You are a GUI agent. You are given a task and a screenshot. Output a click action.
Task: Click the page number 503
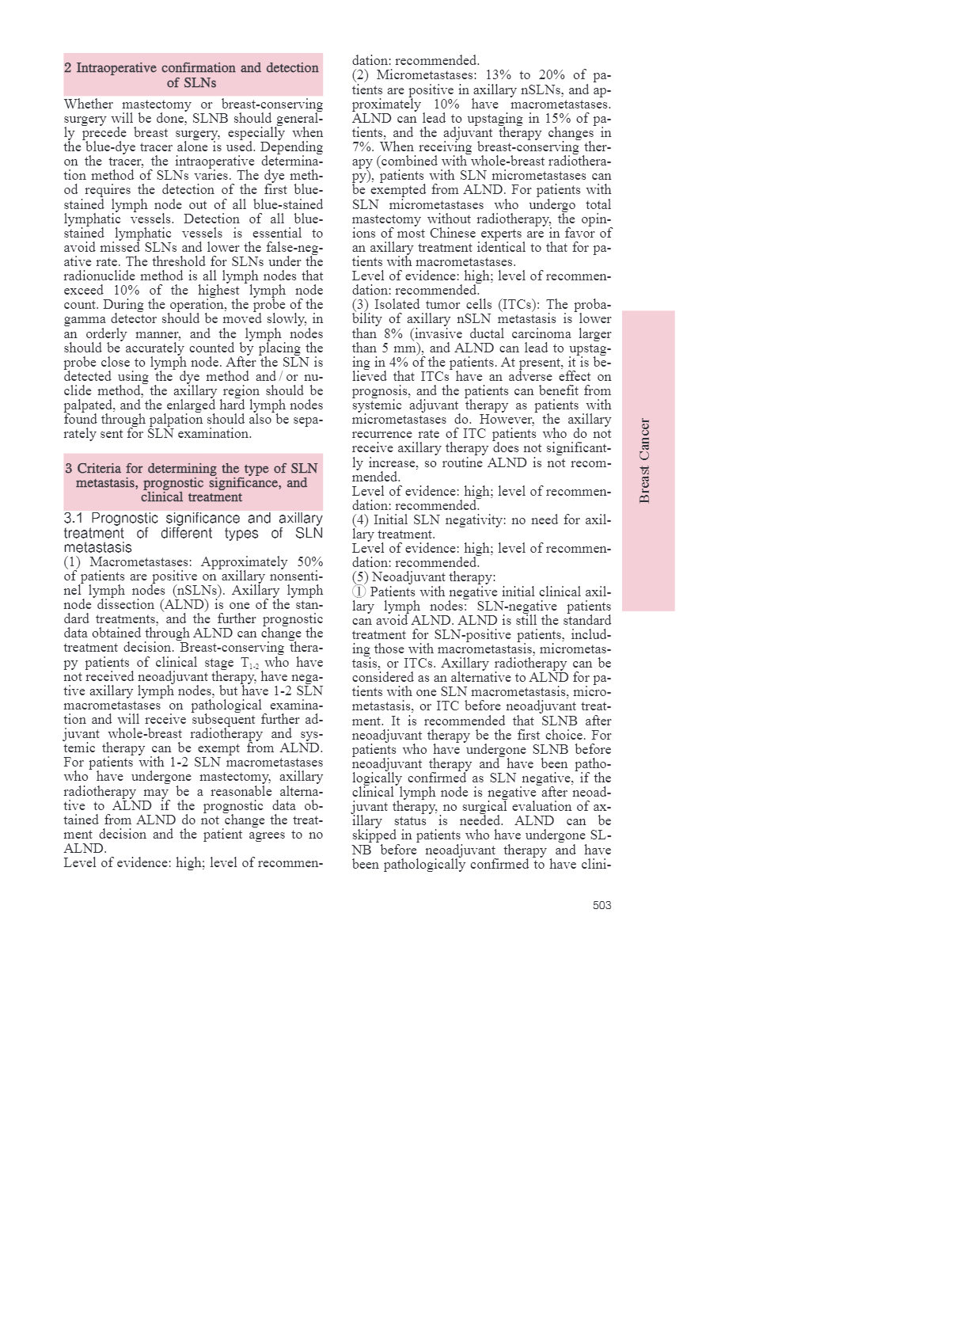[602, 905]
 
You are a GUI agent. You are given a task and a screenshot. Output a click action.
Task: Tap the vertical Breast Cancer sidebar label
[645, 461]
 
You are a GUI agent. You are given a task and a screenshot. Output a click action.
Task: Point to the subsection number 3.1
[74, 519]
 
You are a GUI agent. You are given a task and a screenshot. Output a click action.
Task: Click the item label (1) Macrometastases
[127, 562]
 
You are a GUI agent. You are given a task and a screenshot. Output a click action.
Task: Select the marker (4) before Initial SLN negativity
[360, 520]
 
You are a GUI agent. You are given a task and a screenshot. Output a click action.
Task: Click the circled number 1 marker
[359, 592]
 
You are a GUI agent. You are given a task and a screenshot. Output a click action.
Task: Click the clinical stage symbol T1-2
[249, 663]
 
